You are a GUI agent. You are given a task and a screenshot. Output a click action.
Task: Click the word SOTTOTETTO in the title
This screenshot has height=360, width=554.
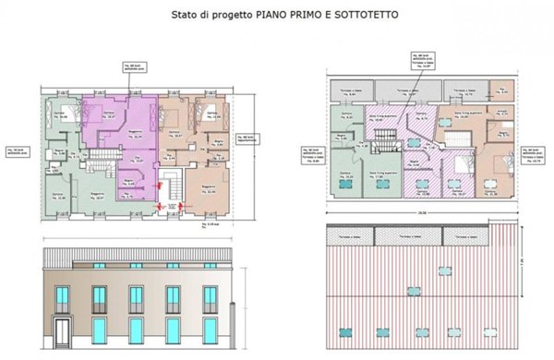(362, 16)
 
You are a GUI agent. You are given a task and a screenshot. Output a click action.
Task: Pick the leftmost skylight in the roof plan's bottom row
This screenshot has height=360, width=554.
(346, 330)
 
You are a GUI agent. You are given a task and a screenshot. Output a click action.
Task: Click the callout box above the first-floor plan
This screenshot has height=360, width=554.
(134, 68)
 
